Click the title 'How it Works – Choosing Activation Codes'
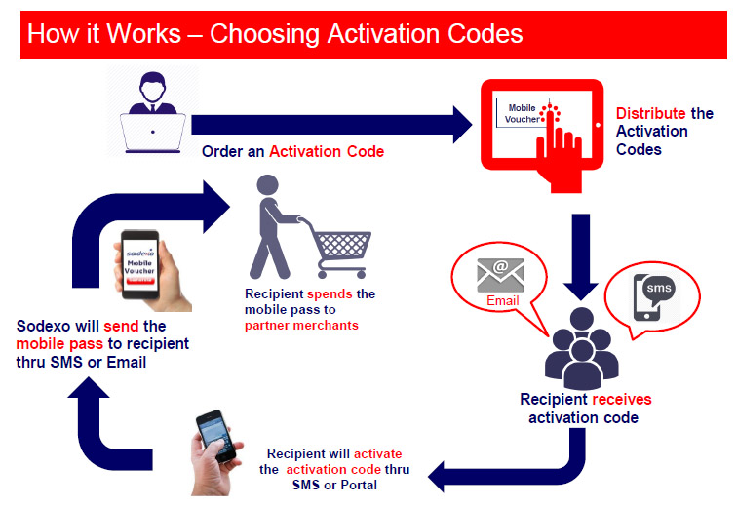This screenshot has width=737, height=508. [x=275, y=33]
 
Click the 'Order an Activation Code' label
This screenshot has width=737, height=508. [x=292, y=152]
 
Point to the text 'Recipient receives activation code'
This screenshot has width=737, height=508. [x=584, y=409]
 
